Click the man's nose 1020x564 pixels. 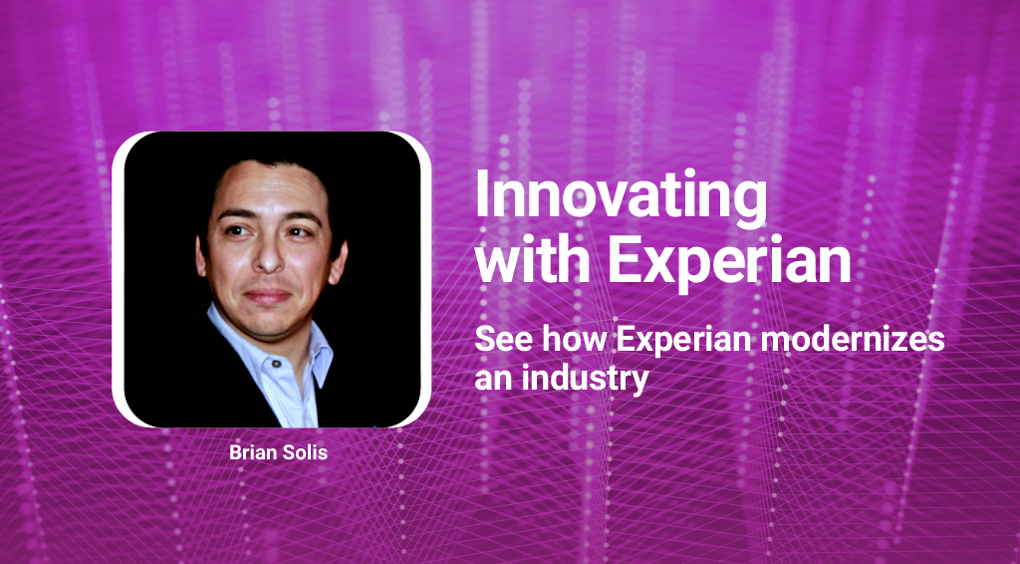(x=267, y=257)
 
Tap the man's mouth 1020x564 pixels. (x=267, y=296)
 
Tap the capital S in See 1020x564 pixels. (x=484, y=339)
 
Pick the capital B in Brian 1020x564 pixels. (x=235, y=452)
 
